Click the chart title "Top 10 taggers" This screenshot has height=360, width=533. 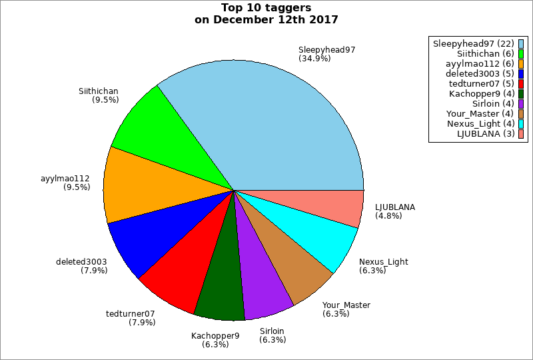click(266, 8)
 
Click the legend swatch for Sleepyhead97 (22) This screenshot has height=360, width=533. click(521, 44)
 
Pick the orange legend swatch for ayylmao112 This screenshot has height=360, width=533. click(521, 64)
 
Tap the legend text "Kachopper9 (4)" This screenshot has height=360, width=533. click(482, 94)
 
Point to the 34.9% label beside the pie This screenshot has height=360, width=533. click(314, 59)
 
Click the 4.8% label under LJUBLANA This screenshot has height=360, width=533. click(388, 215)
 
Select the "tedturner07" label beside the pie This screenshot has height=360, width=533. click(131, 313)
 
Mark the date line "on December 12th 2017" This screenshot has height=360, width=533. click(266, 20)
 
